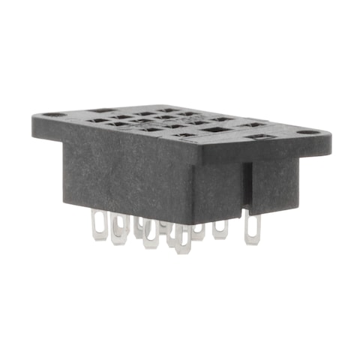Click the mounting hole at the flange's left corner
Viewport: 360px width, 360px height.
50,117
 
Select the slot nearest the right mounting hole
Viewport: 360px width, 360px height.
264,138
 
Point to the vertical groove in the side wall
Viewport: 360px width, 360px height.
245,183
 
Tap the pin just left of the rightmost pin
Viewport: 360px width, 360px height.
220,228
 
